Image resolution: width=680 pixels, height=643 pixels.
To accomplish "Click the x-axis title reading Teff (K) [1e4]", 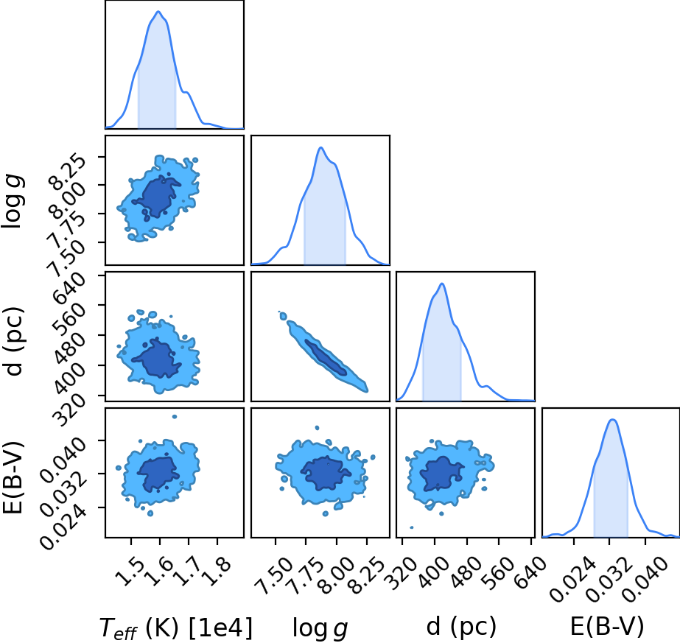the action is click(x=175, y=628).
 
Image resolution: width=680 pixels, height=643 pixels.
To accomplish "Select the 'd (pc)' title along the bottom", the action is click(x=461, y=627).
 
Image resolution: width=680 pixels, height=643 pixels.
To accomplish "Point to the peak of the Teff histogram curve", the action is click(x=158, y=11).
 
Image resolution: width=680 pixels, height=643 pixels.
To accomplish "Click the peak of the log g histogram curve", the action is click(x=321, y=147).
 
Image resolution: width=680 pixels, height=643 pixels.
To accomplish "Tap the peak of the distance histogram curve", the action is click(x=442, y=284).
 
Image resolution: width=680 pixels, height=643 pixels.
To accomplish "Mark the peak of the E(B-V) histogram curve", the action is click(x=612, y=419).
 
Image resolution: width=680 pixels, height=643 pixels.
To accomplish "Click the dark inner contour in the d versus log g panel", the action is click(x=326, y=357).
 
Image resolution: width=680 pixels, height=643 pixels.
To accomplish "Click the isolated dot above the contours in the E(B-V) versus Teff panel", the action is click(x=175, y=416).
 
